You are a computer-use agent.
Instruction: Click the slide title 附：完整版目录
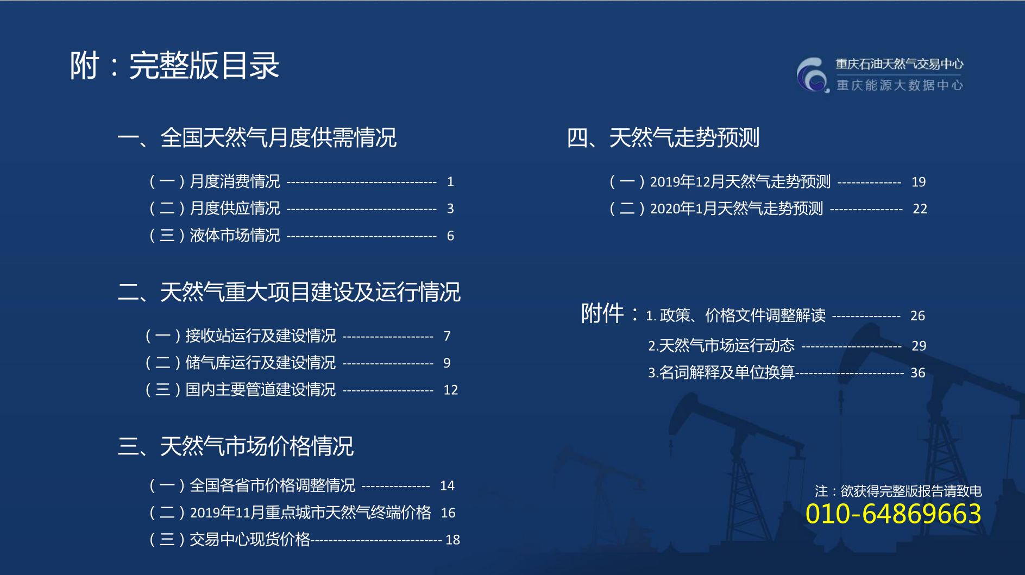click(174, 66)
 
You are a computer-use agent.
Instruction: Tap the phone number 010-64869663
click(893, 514)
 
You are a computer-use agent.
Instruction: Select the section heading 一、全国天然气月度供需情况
click(257, 137)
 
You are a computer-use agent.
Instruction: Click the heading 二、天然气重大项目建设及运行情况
click(289, 292)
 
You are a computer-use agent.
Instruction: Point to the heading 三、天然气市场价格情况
click(236, 446)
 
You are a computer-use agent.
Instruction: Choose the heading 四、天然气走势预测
click(663, 137)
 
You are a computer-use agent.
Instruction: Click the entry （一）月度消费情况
click(213, 181)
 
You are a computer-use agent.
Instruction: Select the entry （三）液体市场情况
click(213, 236)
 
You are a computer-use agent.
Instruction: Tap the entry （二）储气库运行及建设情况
click(240, 363)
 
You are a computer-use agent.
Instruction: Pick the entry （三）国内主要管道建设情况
click(240, 390)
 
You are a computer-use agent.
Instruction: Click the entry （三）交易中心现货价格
click(229, 540)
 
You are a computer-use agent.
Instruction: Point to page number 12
click(451, 390)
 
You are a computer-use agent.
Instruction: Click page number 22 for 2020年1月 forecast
click(920, 209)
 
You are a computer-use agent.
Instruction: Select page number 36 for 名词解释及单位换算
click(918, 373)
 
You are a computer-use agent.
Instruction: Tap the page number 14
click(447, 486)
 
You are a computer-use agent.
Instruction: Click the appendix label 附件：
click(610, 313)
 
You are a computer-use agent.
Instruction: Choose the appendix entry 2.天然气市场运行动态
click(721, 345)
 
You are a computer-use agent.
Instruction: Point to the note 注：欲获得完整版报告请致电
click(898, 491)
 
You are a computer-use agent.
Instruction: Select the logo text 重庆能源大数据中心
click(900, 85)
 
